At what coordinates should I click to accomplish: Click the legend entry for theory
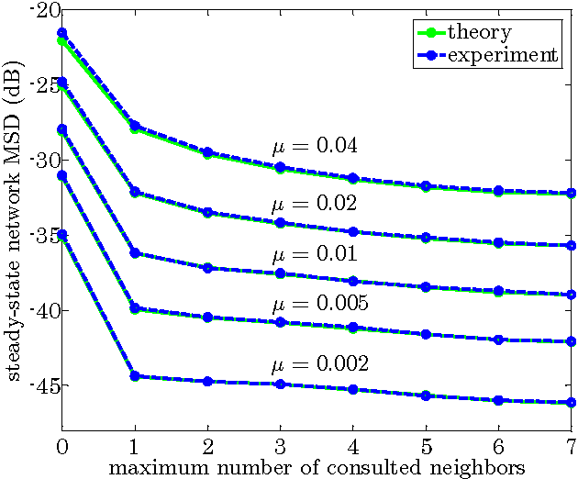click(478, 32)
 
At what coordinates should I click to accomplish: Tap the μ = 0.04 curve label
click(313, 146)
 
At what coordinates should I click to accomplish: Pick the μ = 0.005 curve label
click(318, 304)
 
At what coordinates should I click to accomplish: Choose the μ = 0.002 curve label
click(318, 364)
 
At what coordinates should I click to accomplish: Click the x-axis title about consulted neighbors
click(317, 467)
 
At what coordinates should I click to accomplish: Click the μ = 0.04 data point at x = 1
click(135, 126)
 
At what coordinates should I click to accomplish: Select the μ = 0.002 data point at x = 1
click(135, 376)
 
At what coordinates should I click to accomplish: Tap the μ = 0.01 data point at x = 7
click(571, 295)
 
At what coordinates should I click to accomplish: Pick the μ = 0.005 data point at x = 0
click(62, 175)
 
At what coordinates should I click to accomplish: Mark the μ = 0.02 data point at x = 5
click(426, 238)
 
